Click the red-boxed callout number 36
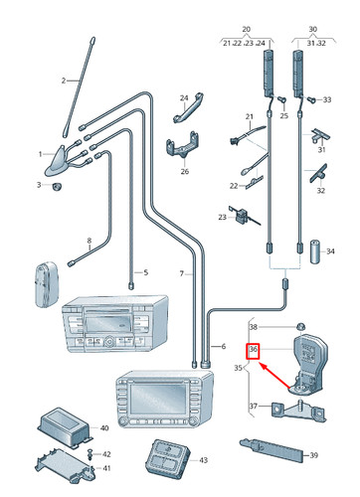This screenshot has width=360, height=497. [x=254, y=349]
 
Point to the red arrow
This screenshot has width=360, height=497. [x=274, y=376]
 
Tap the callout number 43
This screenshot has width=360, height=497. [x=203, y=460]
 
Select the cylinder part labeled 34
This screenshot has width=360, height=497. [x=315, y=251]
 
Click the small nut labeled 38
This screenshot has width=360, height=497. [x=300, y=325]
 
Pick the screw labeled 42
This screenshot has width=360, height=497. [x=90, y=454]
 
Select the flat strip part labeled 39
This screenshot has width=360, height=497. [x=271, y=450]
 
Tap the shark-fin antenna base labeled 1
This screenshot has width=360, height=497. [x=58, y=161]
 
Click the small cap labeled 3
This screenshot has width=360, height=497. [x=58, y=186]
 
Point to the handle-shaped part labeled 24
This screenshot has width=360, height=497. [x=188, y=107]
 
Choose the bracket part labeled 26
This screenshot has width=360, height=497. [x=182, y=147]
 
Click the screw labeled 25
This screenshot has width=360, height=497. [x=281, y=99]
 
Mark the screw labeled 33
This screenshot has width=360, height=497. [x=311, y=99]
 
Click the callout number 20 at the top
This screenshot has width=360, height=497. [x=246, y=29]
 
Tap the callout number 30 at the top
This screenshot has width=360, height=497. [x=312, y=29]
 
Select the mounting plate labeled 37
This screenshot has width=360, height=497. [x=298, y=411]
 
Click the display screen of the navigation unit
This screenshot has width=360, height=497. [x=157, y=399]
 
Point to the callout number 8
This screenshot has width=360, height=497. [x=89, y=241]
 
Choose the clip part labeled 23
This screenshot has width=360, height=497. [x=245, y=216]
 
